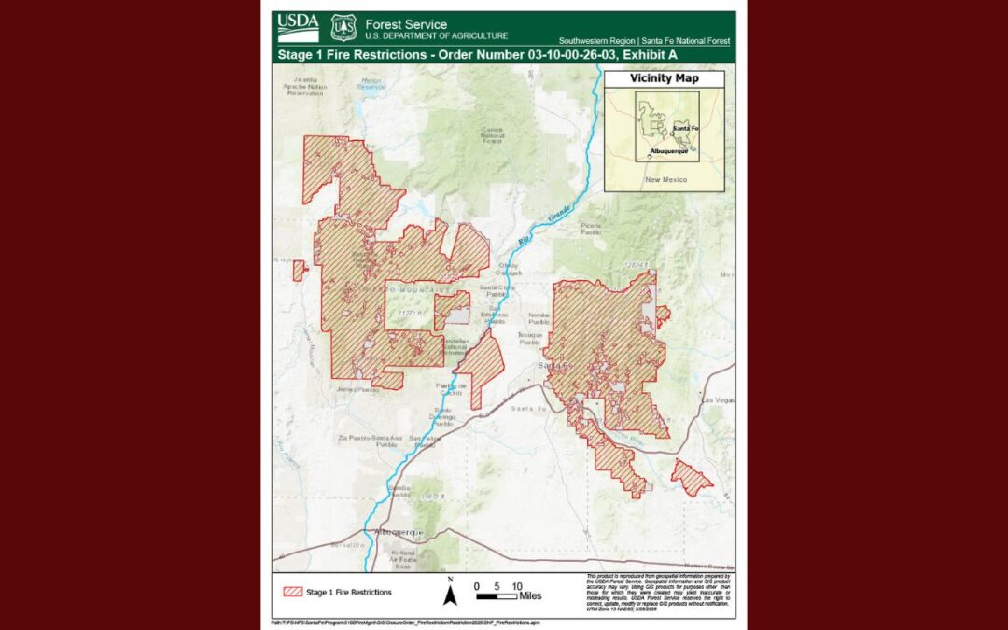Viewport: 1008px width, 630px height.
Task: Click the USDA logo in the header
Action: point(298,28)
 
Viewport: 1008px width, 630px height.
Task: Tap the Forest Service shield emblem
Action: point(343,28)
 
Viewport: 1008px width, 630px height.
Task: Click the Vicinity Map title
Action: point(664,78)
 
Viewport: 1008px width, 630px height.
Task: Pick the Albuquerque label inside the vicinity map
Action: point(668,150)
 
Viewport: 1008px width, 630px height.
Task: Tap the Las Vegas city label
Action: point(718,399)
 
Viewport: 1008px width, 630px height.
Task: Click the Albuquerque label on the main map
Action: point(399,532)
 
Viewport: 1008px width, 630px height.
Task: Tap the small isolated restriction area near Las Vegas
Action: point(690,477)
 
